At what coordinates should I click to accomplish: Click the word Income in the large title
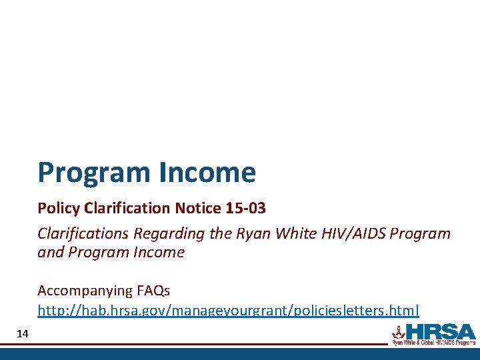tap(207, 173)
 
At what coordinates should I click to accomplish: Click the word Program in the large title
tap(95, 173)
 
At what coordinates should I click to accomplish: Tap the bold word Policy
tap(58, 209)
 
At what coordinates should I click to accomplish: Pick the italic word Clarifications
tap(83, 234)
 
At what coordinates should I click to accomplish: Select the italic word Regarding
tap(165, 234)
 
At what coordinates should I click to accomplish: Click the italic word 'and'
tap(49, 253)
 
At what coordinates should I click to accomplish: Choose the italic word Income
tap(160, 253)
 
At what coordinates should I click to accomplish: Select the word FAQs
tap(153, 291)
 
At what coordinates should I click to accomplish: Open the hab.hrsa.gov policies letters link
tap(228, 311)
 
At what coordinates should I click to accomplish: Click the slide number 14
tap(23, 333)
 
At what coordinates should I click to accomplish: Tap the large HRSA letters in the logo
tap(440, 331)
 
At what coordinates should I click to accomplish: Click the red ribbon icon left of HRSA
tap(398, 331)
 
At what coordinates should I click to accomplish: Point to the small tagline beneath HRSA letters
tap(433, 343)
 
